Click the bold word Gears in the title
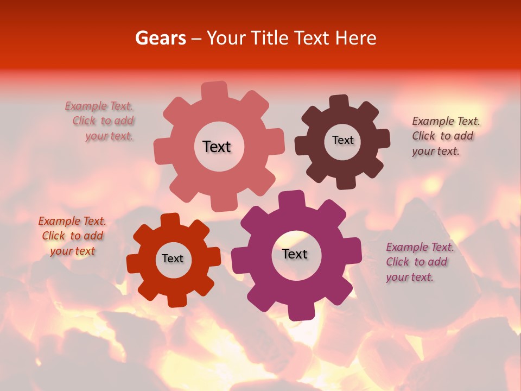160,38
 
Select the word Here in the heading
355,38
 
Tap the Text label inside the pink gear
217,147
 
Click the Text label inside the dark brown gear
342,140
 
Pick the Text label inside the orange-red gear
173,258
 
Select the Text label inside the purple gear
295,254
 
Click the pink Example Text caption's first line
99,106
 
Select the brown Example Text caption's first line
446,121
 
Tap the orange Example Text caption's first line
72,221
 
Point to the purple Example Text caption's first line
420,247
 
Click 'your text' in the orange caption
72,251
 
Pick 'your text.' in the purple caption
410,277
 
